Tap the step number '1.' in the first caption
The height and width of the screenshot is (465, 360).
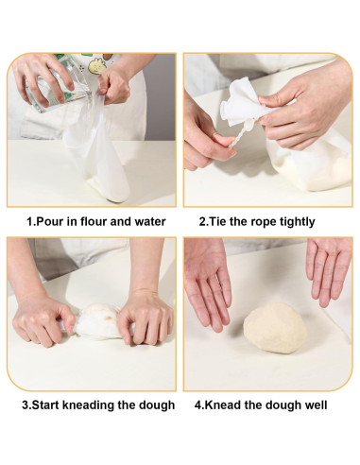coord(32,222)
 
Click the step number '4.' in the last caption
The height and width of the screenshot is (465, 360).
coord(201,405)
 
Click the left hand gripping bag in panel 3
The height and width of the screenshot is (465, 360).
coord(45,321)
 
